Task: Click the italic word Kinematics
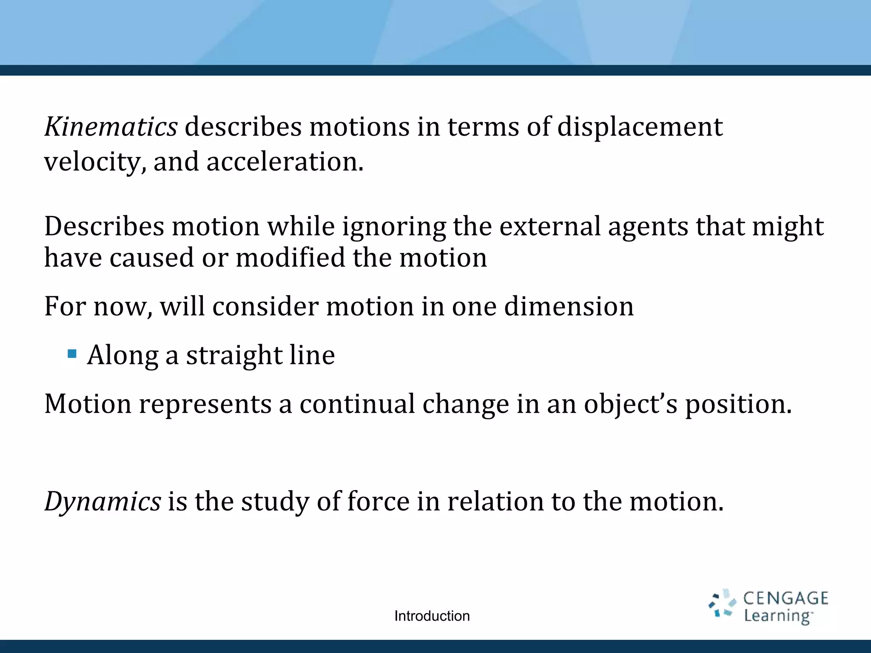tap(111, 127)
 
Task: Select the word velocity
tap(95, 162)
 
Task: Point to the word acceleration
tap(285, 162)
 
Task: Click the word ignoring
tap(394, 227)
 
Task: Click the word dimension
tap(569, 306)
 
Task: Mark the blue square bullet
tap(72, 354)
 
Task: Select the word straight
tap(234, 355)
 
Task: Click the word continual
tap(357, 403)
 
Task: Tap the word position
tap(738, 404)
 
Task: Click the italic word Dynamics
tap(102, 502)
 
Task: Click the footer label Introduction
tap(432, 616)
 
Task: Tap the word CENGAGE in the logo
tap(786, 598)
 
